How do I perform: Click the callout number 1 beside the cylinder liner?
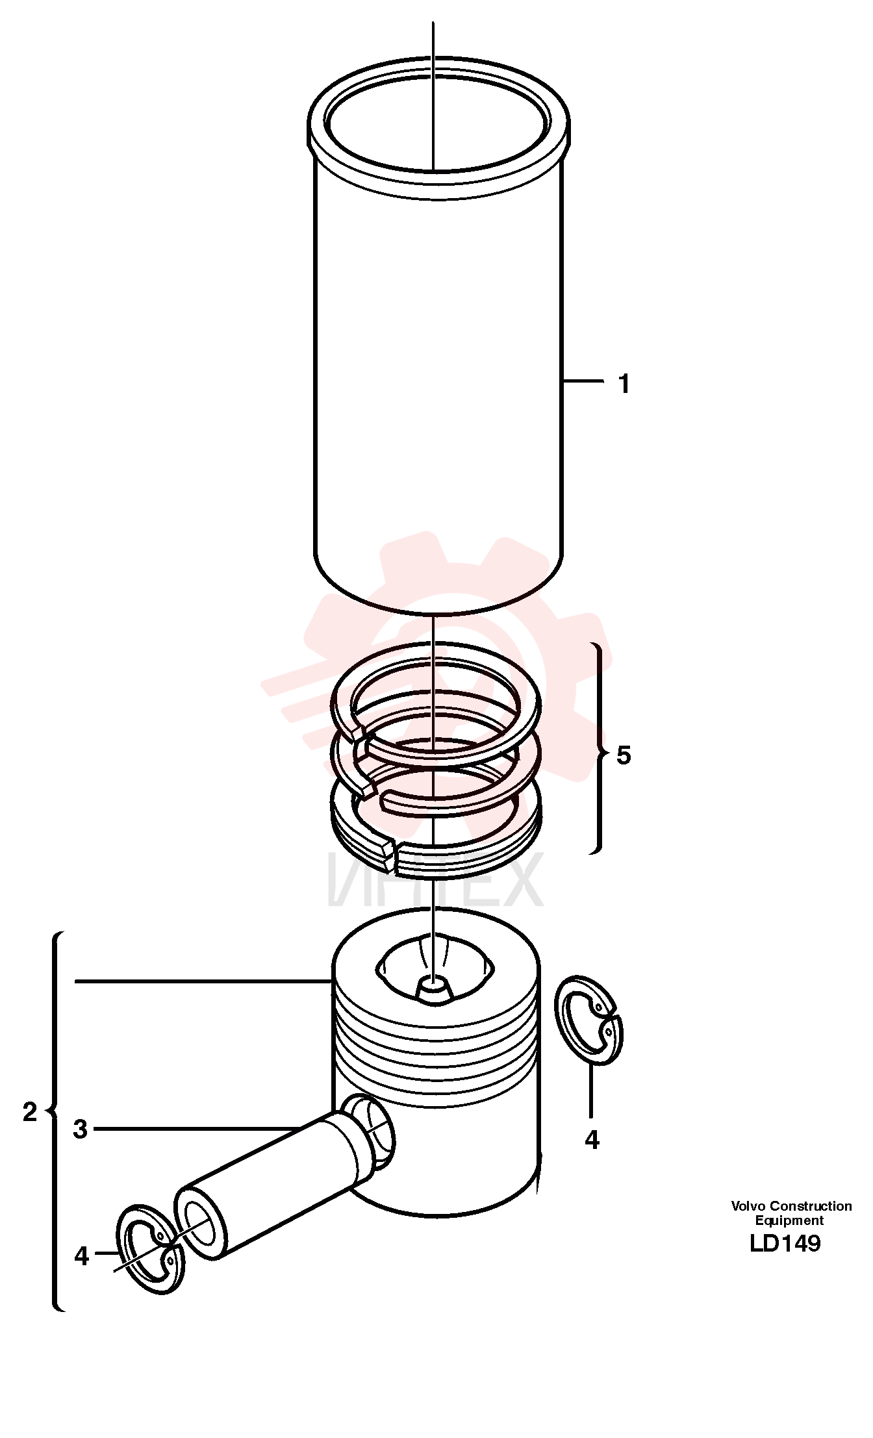tap(624, 384)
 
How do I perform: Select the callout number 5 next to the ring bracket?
tap(624, 755)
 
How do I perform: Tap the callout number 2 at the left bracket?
tap(30, 1112)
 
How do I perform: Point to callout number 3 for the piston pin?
tap(80, 1129)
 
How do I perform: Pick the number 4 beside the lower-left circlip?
tap(81, 1256)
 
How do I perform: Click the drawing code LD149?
tap(785, 1243)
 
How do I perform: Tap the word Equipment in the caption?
tap(789, 1220)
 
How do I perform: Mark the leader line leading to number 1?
tap(583, 381)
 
